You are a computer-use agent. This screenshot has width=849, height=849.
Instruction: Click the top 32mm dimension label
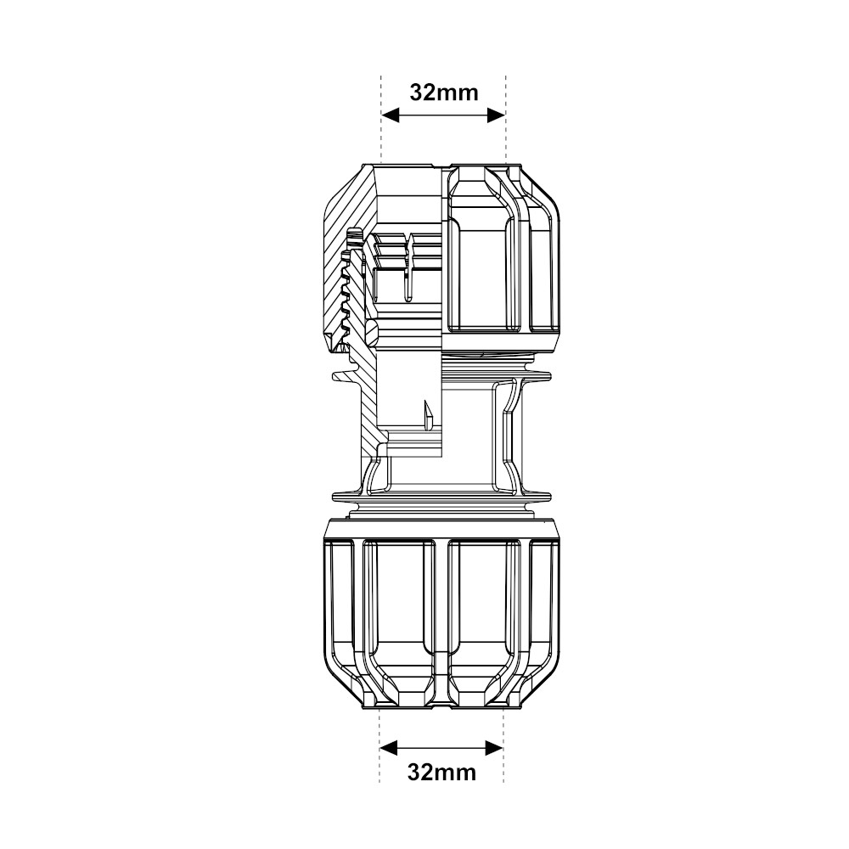tap(444, 92)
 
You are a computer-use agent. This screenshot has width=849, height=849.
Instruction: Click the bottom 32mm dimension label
tap(441, 772)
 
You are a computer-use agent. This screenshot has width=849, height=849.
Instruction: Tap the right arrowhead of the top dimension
tap(496, 115)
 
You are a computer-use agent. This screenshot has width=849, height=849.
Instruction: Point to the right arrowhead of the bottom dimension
tap(494, 747)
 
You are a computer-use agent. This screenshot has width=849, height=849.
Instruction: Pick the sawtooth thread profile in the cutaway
tap(345, 297)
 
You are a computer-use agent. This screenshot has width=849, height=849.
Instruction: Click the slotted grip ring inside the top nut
tap(408, 263)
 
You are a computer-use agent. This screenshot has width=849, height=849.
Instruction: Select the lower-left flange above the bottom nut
tap(348, 493)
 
